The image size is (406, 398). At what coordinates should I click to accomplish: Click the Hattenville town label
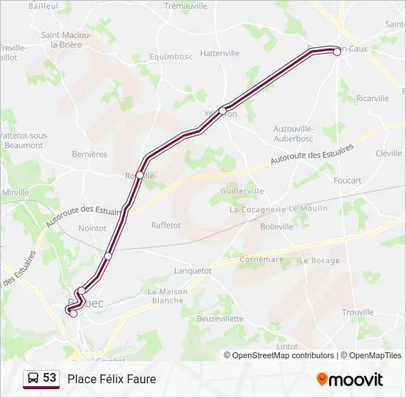220,53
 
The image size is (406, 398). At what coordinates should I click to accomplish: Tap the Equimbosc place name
171,56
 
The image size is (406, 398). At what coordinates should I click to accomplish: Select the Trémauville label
185,5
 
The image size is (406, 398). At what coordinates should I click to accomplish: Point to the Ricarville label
372,98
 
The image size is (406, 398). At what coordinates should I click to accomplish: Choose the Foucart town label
347,181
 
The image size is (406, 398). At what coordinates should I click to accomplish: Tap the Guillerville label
241,191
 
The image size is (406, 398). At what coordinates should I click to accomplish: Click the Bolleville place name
277,227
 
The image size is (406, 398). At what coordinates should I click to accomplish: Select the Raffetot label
166,226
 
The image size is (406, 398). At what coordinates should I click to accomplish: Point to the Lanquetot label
192,270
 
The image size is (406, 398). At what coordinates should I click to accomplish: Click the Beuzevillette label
220,318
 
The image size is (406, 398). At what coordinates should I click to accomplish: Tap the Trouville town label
358,313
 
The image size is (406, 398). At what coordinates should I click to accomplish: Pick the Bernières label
89,155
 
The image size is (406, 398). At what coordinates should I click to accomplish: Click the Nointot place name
92,228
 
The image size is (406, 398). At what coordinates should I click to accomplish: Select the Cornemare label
261,259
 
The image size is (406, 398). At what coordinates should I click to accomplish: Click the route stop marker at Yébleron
222,111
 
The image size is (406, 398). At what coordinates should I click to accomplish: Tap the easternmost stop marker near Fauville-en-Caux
337,52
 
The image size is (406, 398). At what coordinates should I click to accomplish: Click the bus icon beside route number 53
33,379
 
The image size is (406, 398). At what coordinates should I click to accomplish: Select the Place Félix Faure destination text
111,379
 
